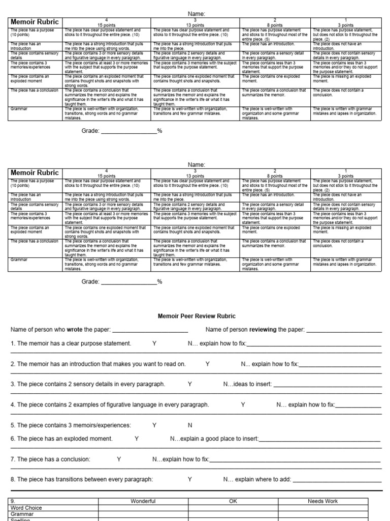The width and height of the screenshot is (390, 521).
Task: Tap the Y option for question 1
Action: click(x=154, y=343)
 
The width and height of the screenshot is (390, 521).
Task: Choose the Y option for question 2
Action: click(x=207, y=364)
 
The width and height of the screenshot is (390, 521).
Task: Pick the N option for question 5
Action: click(x=190, y=425)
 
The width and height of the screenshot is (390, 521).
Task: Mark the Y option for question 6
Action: click(x=137, y=439)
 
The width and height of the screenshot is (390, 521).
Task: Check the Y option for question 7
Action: click(x=119, y=459)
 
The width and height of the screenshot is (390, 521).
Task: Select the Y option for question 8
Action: click(x=190, y=479)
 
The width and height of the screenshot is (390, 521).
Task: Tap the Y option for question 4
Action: click(x=243, y=404)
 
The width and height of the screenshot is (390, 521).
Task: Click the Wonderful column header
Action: click(x=143, y=501)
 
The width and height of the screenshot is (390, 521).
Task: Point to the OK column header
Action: click(x=233, y=501)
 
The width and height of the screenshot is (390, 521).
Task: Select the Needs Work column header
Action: click(x=322, y=501)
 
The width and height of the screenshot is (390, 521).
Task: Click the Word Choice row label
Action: click(x=26, y=508)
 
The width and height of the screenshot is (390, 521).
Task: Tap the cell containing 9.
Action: click(x=13, y=501)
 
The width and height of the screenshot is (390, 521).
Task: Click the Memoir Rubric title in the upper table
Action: click(x=35, y=22)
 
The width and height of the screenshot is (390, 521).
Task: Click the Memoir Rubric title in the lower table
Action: click(x=35, y=173)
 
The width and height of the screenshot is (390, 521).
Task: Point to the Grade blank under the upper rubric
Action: click(x=129, y=131)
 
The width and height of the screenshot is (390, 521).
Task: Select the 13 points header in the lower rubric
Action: click(x=196, y=176)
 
